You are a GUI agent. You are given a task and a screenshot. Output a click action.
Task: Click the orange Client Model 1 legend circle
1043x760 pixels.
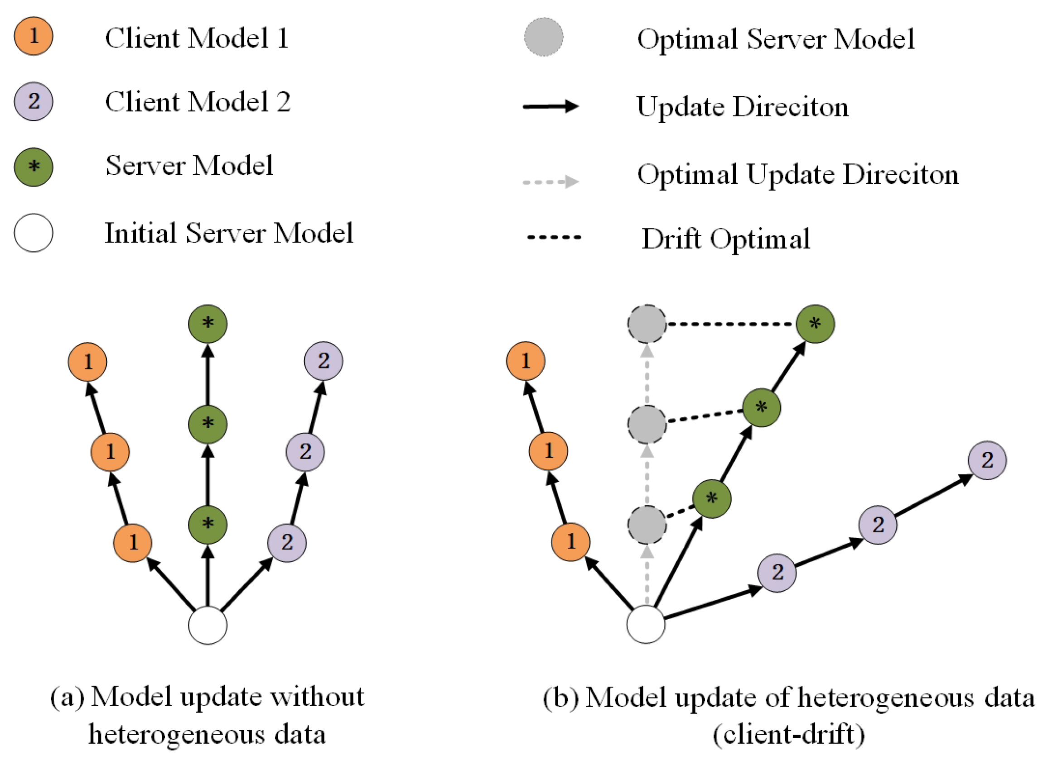click(x=34, y=36)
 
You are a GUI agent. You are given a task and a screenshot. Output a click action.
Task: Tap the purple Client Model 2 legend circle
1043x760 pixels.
click(x=34, y=101)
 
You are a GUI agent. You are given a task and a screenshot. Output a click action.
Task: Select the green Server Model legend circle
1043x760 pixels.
click(x=34, y=167)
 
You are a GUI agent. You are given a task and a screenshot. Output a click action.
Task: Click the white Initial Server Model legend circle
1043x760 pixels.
click(x=34, y=233)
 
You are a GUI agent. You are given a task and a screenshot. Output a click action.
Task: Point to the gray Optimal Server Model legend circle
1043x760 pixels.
click(x=543, y=37)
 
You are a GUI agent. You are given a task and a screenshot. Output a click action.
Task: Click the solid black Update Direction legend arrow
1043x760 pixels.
click(x=550, y=106)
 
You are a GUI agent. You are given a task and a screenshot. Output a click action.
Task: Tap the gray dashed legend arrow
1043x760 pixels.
click(x=550, y=182)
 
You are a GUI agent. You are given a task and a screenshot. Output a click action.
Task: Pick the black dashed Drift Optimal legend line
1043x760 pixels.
click(x=554, y=237)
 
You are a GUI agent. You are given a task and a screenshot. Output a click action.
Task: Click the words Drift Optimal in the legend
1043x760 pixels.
click(x=726, y=239)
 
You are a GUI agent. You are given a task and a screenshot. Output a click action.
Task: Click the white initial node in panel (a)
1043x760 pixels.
click(x=208, y=625)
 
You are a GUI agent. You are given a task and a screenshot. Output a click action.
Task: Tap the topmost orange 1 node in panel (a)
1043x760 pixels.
click(x=87, y=362)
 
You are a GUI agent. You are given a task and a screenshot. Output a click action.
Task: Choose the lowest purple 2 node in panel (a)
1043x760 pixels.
click(x=287, y=543)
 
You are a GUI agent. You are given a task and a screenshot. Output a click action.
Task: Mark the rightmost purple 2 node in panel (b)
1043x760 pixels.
click(x=987, y=460)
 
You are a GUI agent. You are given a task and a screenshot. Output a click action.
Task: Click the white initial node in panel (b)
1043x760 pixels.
click(x=646, y=624)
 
